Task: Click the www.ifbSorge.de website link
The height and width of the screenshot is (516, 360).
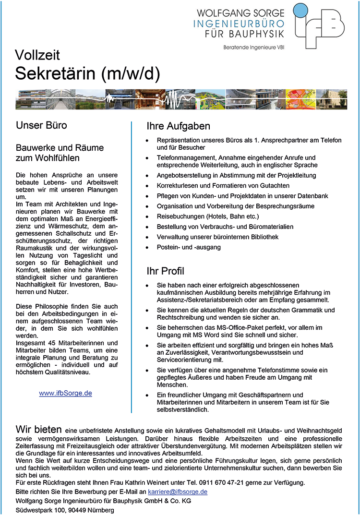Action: coord(65,393)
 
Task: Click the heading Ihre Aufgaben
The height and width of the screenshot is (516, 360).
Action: coord(179,126)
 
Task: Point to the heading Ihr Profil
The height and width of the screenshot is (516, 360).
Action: coord(165,271)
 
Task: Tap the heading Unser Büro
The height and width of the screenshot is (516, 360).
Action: coord(41,126)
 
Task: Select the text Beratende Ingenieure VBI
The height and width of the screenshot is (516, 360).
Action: coord(254,47)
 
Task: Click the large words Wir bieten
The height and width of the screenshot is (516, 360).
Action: coord(38,429)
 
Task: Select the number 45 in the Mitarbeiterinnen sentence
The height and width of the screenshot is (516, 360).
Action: coord(49,343)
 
